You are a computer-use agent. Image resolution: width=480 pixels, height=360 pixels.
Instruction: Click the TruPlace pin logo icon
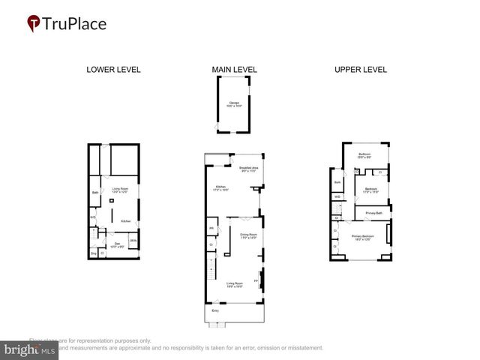34,24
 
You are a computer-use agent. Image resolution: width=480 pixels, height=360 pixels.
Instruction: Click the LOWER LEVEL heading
113,70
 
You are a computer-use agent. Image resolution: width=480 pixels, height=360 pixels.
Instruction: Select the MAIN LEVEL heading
234,70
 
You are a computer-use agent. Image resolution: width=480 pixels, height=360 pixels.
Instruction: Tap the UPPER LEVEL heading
361,70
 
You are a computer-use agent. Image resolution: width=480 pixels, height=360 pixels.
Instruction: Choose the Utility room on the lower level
133,240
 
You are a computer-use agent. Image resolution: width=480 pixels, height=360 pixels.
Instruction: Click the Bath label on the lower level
95,193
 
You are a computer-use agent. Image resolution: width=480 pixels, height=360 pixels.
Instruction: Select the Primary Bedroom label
363,238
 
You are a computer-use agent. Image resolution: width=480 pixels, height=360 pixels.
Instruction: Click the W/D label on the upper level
338,196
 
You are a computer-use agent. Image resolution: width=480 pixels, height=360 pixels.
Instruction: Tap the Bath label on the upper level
337,181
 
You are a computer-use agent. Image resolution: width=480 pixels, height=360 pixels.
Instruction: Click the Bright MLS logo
30,349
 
